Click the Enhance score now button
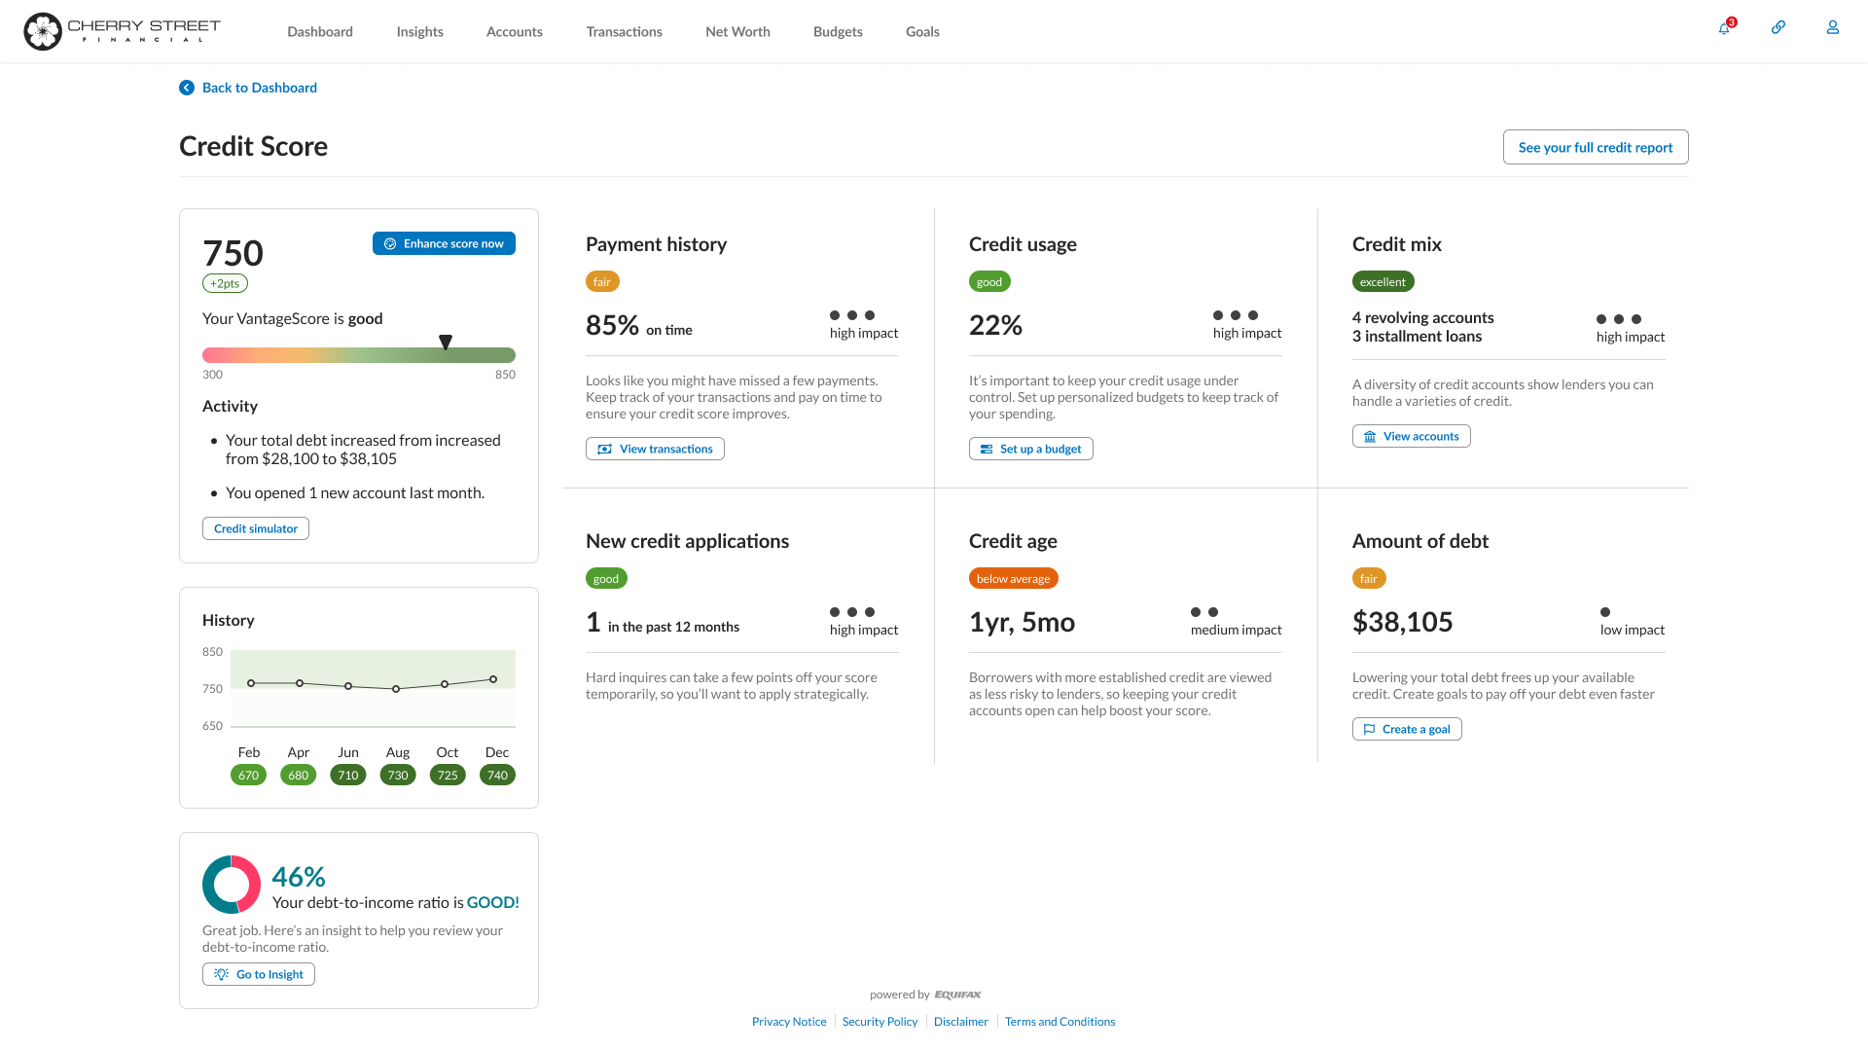[x=444, y=243]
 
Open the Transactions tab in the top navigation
[x=624, y=31]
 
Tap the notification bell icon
[x=1724, y=28]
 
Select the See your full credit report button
[x=1595, y=147]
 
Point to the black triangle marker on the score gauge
[x=446, y=343]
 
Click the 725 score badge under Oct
[x=448, y=776]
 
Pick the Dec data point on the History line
[x=493, y=679]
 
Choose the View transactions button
[x=655, y=449]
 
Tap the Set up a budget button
[x=1030, y=449]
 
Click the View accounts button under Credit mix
[x=1411, y=436]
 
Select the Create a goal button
[x=1407, y=729]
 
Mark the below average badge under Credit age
[x=1013, y=579]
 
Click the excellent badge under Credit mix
[x=1383, y=282]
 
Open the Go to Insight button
[x=259, y=974]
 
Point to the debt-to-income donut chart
[x=232, y=885]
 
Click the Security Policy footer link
[x=880, y=1022]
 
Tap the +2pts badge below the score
[x=225, y=284]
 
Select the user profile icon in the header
[x=1832, y=28]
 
